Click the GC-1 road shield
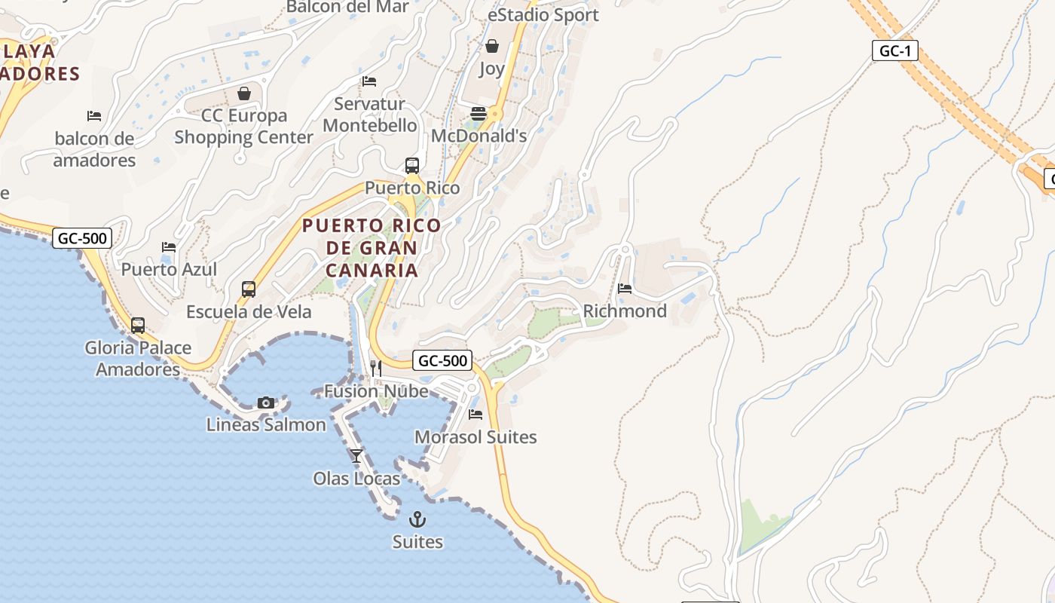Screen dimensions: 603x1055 (895, 51)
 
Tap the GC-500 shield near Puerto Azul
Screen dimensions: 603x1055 (83, 239)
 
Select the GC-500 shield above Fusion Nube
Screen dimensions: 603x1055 (443, 361)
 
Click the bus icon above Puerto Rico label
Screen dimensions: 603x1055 (411, 165)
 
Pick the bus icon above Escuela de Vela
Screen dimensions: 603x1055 (249, 289)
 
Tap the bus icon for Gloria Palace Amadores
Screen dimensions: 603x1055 (138, 326)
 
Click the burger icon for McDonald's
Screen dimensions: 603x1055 (479, 114)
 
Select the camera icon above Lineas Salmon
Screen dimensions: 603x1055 (265, 403)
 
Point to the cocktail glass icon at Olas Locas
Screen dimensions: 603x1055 (356, 455)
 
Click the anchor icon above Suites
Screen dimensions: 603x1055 (417, 519)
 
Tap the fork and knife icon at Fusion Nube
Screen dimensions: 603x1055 (375, 369)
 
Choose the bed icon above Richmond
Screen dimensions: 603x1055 (625, 288)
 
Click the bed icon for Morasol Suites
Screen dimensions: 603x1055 (476, 414)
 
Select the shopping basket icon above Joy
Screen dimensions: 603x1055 (492, 47)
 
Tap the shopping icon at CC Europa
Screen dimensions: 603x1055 (244, 93)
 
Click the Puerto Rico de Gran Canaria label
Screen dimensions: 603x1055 (372, 247)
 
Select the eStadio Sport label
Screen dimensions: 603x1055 (543, 15)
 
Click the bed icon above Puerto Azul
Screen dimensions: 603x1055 (169, 247)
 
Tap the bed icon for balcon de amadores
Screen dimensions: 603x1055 (94, 116)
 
